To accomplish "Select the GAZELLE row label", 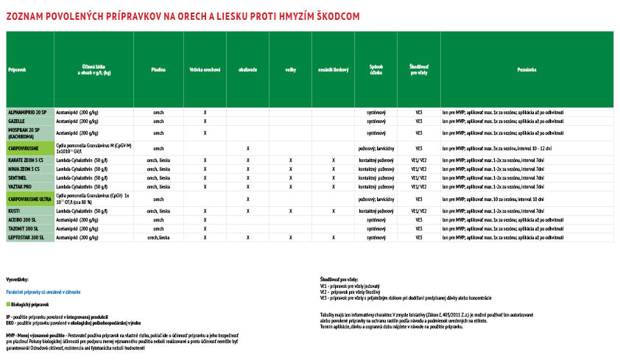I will (17, 120).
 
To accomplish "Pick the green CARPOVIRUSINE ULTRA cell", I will (30, 200).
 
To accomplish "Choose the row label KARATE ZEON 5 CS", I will (26, 159).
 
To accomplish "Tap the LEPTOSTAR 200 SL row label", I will (27, 238).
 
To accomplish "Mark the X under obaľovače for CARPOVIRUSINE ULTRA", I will (248, 200).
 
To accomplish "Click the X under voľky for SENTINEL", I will (291, 177).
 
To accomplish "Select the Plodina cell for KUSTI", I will (158, 211).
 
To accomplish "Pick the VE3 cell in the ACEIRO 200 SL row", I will (418, 219).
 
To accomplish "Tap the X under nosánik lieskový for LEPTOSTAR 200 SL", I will (334, 238).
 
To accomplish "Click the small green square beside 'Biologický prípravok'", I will (8, 303).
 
